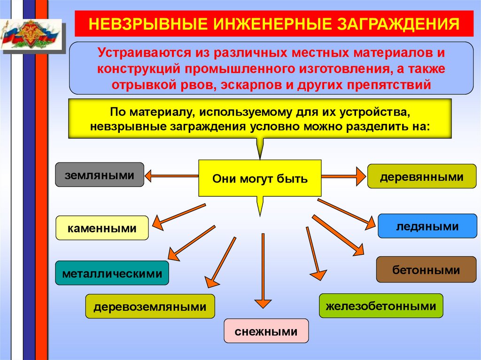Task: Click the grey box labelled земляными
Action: (x=100, y=175)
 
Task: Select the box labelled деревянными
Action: (x=421, y=176)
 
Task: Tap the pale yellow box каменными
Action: (x=102, y=229)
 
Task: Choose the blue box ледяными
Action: (x=427, y=226)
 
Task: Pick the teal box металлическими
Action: (x=111, y=273)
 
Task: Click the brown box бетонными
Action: (x=426, y=270)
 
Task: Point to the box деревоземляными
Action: (x=150, y=307)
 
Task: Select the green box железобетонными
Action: (x=380, y=306)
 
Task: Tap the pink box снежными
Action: (x=266, y=331)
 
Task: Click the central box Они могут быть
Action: (x=260, y=178)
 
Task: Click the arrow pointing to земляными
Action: (x=171, y=176)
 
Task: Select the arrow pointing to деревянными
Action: (x=343, y=176)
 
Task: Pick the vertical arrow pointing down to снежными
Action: (x=263, y=272)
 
